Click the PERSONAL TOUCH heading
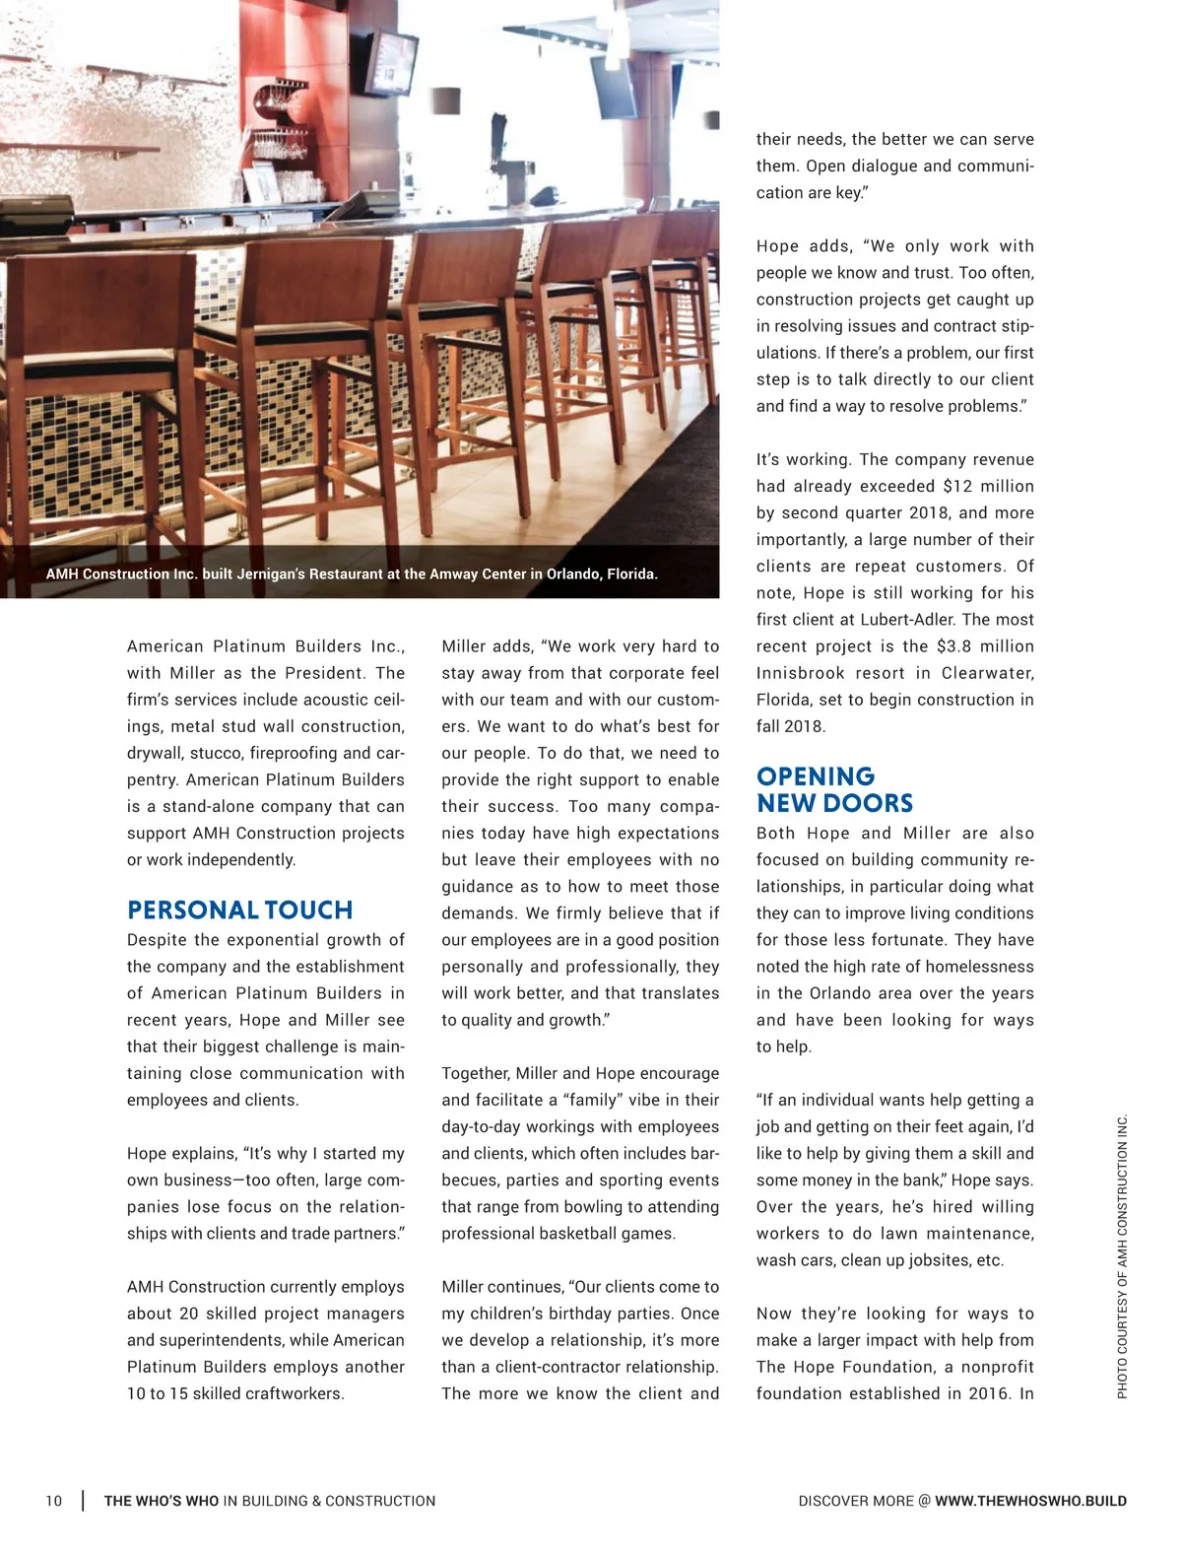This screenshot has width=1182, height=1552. (239, 910)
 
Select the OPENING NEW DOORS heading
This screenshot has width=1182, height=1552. (834, 789)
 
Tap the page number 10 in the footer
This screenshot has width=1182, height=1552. (53, 1501)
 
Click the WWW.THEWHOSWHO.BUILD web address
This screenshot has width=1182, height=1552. (1030, 1501)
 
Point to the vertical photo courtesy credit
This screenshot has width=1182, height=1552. (1122, 1256)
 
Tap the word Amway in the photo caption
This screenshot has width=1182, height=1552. (453, 574)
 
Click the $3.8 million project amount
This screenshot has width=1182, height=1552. (985, 646)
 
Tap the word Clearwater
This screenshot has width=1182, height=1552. (986, 673)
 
